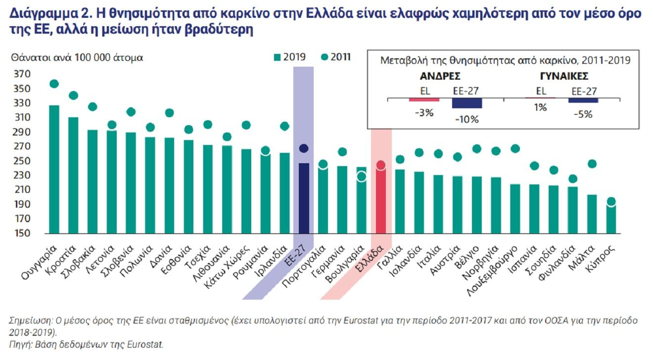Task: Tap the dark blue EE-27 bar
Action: [x=304, y=198]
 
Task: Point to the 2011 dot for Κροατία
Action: [x=73, y=95]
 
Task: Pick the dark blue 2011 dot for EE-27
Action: [x=304, y=148]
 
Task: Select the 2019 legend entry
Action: [x=289, y=57]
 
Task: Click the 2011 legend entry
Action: [x=336, y=57]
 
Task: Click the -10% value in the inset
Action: [x=466, y=120]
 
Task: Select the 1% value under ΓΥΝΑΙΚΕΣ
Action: [x=540, y=107]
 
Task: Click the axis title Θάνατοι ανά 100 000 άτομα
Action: [x=77, y=57]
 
